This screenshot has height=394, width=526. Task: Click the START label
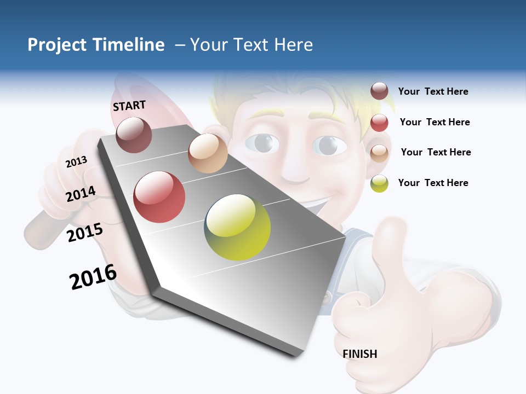129,105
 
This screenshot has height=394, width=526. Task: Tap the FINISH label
360,354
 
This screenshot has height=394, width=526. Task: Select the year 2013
76,161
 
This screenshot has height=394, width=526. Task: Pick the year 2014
81,194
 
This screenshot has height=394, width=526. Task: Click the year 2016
93,277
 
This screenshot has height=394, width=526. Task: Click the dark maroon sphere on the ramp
134,135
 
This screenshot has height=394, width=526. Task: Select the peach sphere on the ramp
208,153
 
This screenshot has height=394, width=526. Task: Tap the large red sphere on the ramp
159,197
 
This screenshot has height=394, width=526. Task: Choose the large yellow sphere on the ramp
237,227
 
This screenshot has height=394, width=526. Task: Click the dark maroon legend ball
379,91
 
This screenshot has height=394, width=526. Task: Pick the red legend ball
379,123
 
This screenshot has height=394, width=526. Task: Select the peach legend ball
379,153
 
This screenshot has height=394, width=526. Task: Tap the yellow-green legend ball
379,183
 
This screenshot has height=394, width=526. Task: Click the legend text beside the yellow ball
433,183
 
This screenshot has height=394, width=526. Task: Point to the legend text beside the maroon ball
433,91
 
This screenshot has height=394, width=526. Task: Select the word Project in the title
57,45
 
